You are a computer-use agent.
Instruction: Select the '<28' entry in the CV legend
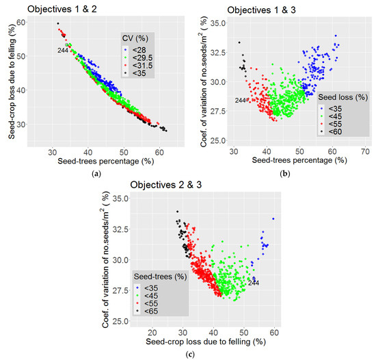click(x=139, y=50)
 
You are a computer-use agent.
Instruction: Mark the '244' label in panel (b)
click(x=240, y=101)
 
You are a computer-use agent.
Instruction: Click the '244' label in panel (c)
click(x=253, y=282)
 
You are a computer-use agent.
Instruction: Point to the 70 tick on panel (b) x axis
click(x=365, y=151)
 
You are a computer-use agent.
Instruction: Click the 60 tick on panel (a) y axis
click(x=22, y=22)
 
